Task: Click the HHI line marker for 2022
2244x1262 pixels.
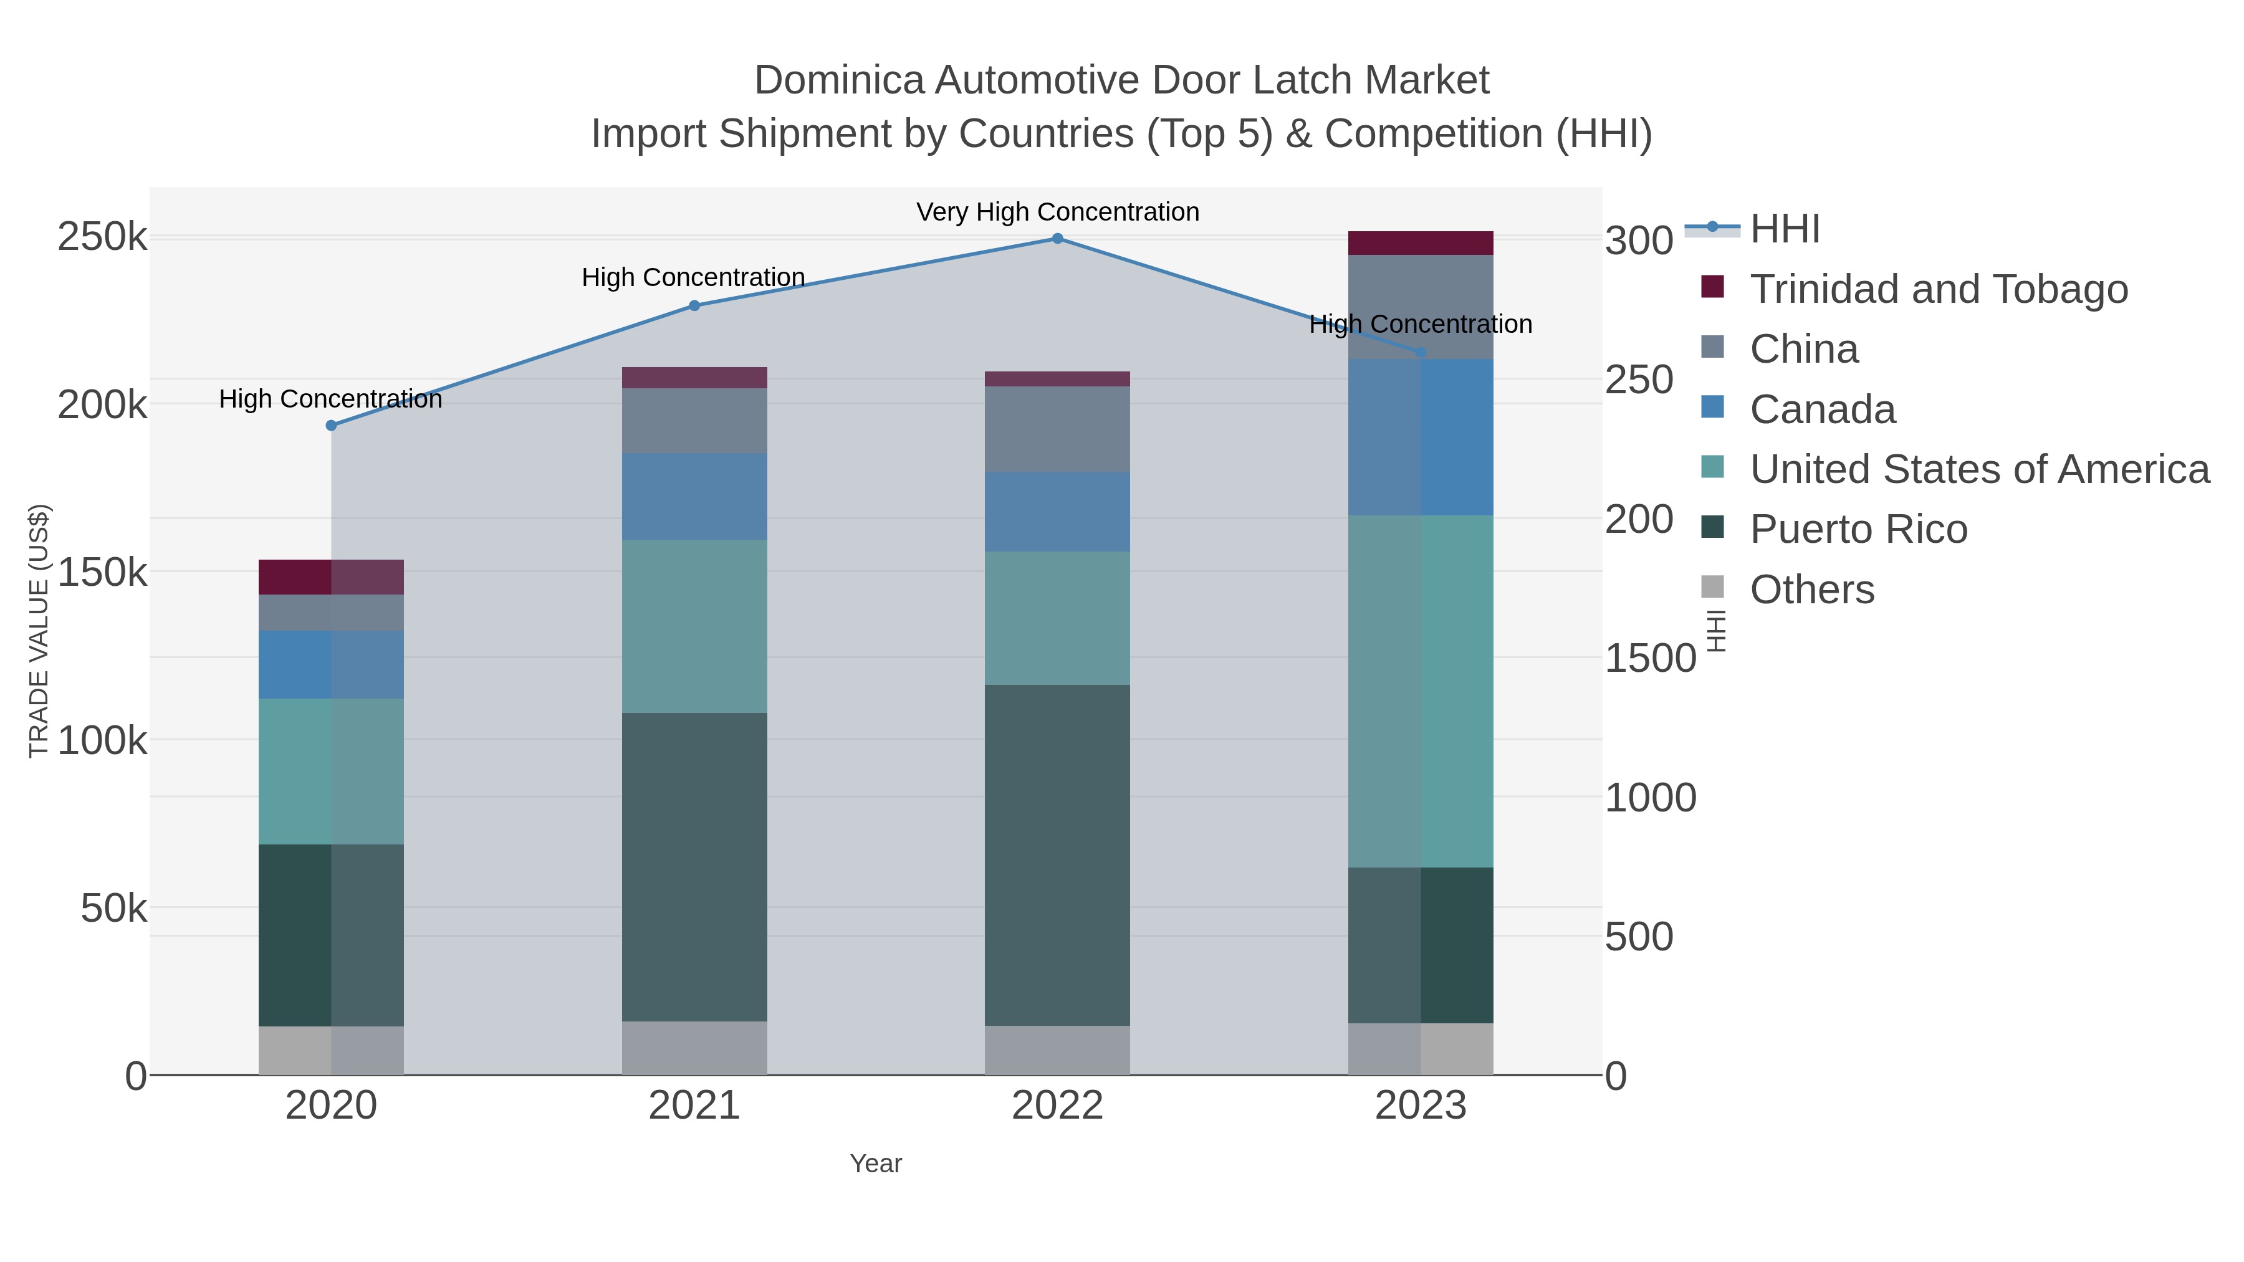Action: (1058, 238)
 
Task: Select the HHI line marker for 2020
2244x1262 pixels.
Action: (331, 425)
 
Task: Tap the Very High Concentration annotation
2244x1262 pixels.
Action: (1058, 212)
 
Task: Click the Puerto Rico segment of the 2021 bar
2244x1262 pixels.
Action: (694, 867)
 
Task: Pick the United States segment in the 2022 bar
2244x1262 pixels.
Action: (1058, 618)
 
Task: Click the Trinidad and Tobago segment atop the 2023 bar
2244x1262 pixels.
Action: (1421, 243)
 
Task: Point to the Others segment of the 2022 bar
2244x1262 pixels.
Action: (1058, 1049)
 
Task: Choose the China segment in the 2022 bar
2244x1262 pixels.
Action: (1058, 429)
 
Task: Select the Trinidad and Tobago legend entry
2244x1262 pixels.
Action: (1938, 289)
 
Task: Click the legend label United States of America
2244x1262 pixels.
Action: (1979, 469)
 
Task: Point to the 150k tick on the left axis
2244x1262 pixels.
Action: (102, 572)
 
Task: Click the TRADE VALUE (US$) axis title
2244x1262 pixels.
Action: (39, 631)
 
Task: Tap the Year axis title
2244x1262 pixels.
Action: (876, 1163)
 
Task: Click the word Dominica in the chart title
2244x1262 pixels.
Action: (838, 80)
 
